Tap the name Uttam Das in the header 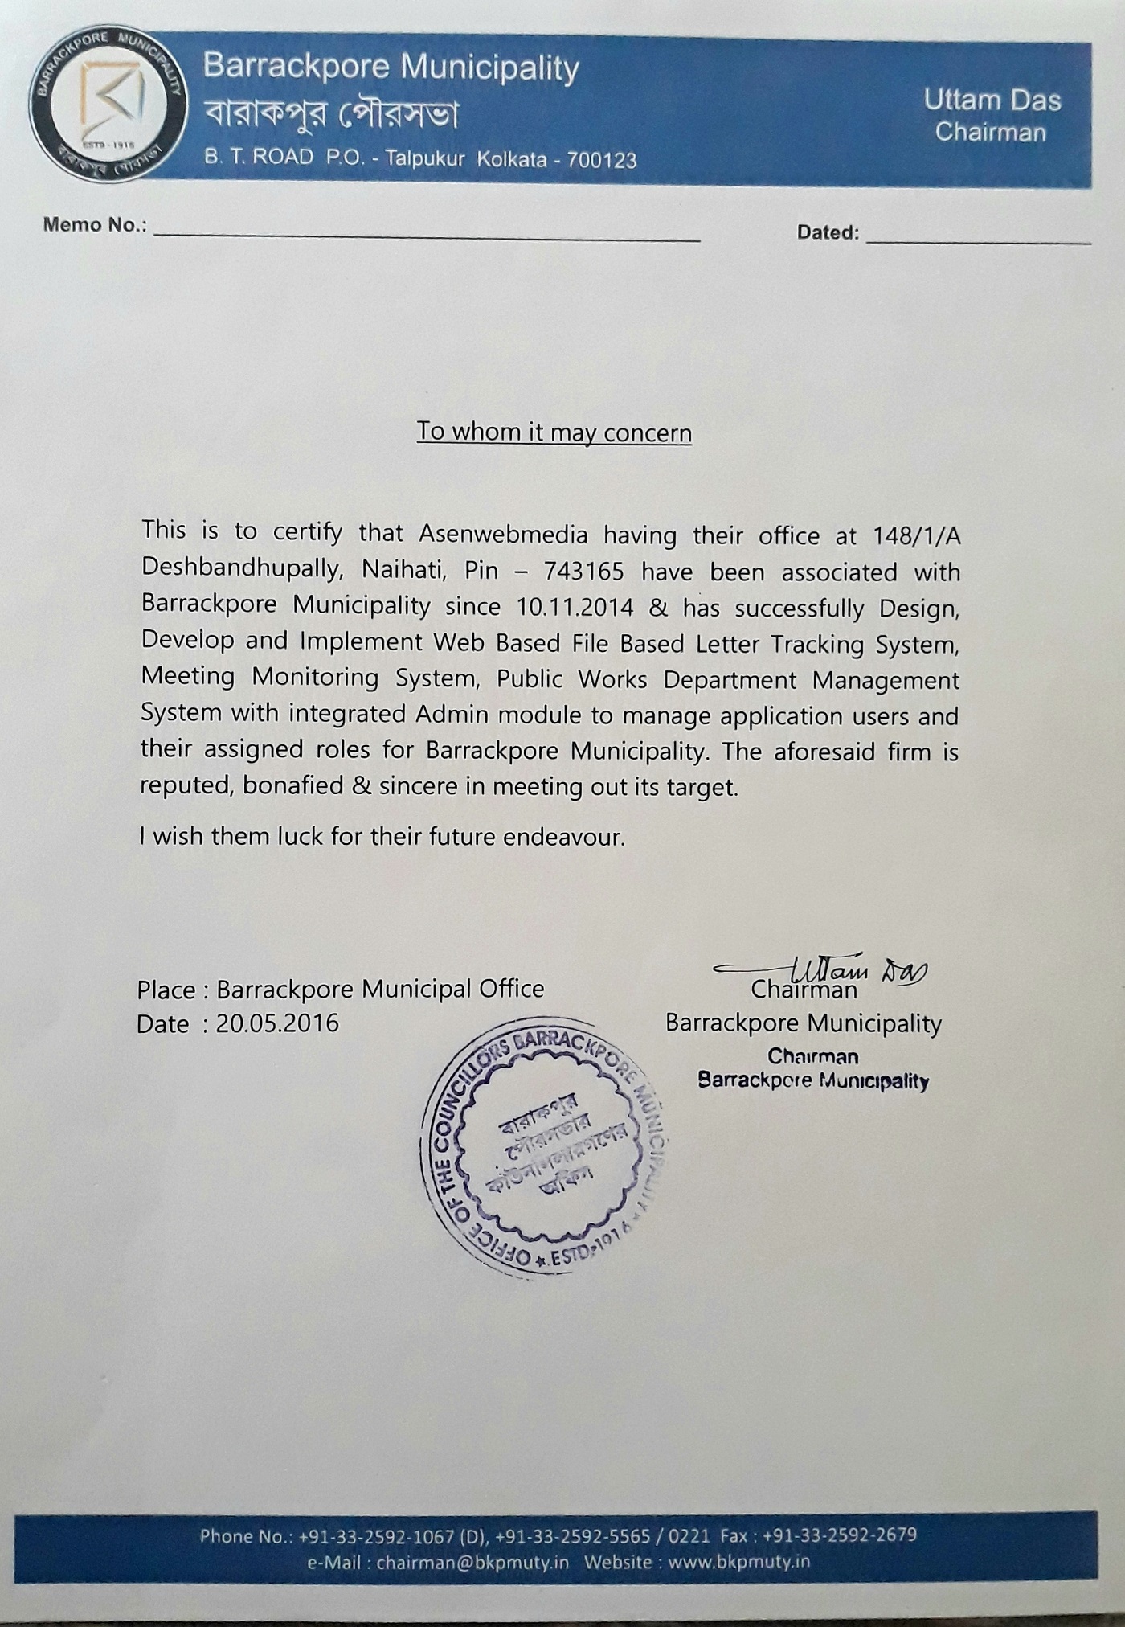992,100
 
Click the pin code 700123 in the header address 602,159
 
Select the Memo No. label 95,224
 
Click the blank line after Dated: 979,238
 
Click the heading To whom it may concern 554,432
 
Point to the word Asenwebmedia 503,534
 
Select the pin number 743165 583,571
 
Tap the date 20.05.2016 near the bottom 277,1023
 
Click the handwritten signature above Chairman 828,968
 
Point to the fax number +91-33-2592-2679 840,1535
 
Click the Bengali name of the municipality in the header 330,115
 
